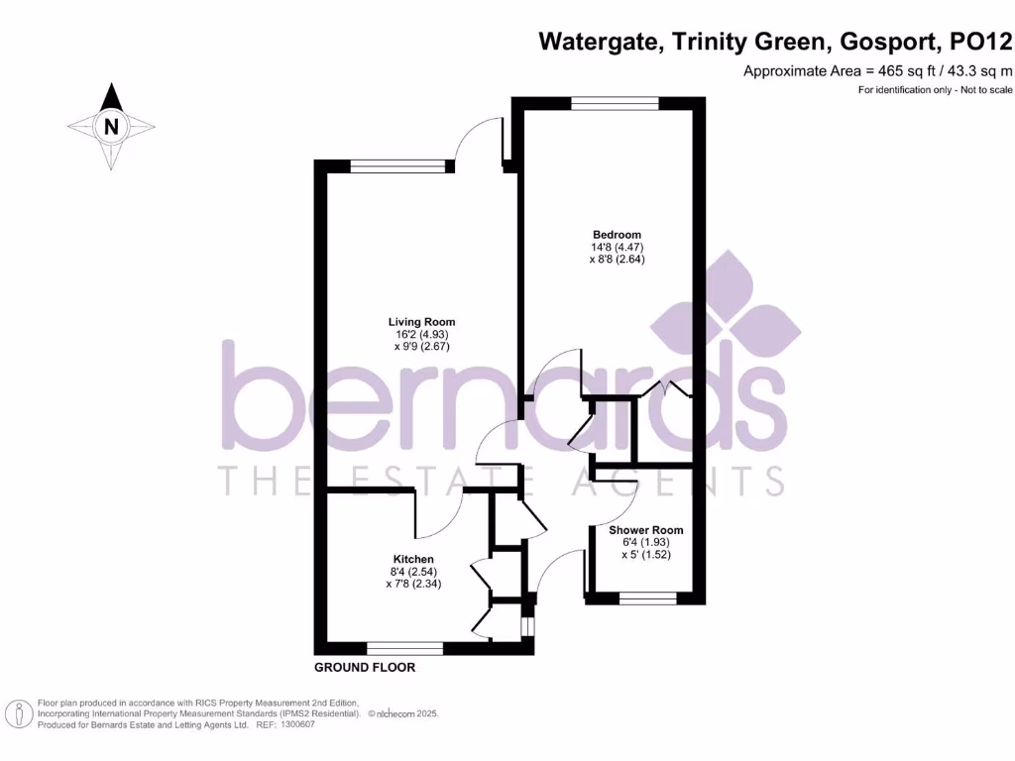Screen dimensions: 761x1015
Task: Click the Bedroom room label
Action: pyautogui.click(x=611, y=234)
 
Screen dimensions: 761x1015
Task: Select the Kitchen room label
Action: pyautogui.click(x=412, y=559)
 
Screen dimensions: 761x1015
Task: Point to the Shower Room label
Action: pyautogui.click(x=645, y=530)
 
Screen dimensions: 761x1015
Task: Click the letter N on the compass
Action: pyautogui.click(x=111, y=126)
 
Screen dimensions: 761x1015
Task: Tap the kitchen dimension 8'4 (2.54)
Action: pyautogui.click(x=412, y=572)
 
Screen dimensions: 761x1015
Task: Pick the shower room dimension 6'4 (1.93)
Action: pyautogui.click(x=645, y=543)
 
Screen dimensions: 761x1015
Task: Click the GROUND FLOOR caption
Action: pyautogui.click(x=365, y=668)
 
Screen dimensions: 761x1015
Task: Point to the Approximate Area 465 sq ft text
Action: pyautogui.click(x=878, y=70)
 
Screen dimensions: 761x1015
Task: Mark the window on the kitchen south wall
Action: pyautogui.click(x=404, y=648)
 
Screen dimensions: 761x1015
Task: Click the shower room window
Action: pyautogui.click(x=648, y=598)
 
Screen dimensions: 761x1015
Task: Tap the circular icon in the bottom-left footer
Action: pyautogui.click(x=17, y=713)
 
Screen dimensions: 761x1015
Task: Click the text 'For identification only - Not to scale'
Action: pyautogui.click(x=935, y=90)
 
